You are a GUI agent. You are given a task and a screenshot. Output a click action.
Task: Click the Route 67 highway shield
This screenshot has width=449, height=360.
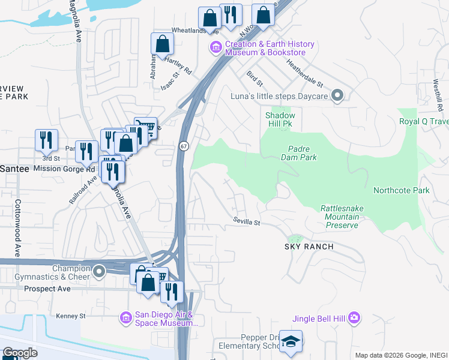click(x=183, y=146)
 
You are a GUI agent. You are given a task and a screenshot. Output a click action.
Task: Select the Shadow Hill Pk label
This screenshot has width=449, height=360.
click(x=280, y=119)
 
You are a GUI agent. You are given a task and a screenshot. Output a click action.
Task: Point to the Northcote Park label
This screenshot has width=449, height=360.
click(x=402, y=190)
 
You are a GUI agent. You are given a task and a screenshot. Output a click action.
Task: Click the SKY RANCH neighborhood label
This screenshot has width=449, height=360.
click(x=309, y=247)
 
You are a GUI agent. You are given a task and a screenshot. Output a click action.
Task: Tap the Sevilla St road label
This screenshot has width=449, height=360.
click(x=247, y=223)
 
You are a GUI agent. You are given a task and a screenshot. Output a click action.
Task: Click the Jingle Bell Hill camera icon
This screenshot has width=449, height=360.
click(x=354, y=317)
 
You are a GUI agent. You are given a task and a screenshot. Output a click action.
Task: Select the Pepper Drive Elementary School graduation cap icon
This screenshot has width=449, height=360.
click(x=291, y=342)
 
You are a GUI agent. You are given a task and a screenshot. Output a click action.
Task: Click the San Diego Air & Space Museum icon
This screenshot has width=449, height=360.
click(x=125, y=316)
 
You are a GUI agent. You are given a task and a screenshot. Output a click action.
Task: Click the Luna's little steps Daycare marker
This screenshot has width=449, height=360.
click(x=337, y=95)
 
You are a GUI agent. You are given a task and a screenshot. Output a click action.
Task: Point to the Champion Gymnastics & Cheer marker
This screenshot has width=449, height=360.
click(x=98, y=272)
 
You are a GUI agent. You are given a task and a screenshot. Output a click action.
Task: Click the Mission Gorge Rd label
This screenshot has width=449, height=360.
click(x=56, y=169)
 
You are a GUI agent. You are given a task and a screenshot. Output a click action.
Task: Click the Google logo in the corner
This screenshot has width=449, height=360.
click(x=20, y=353)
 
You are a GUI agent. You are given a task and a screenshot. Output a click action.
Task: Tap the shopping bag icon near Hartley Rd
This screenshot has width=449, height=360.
click(x=162, y=44)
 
